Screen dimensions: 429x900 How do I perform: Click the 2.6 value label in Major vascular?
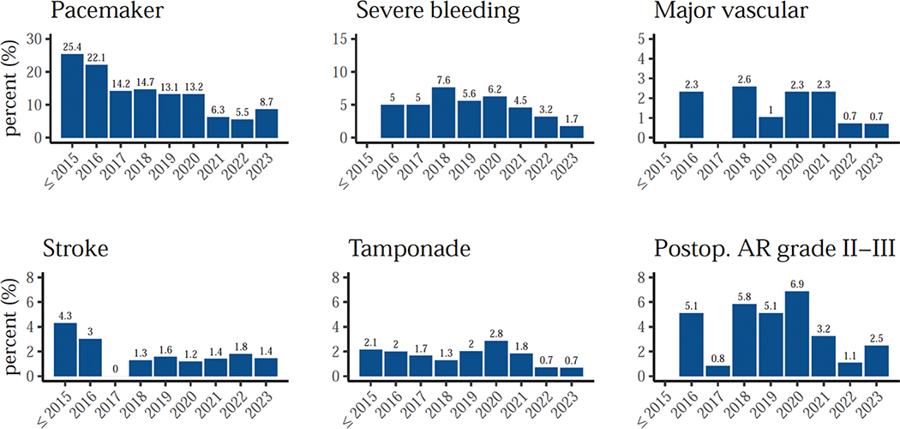point(746,79)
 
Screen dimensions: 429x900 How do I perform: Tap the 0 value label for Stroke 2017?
point(117,369)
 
